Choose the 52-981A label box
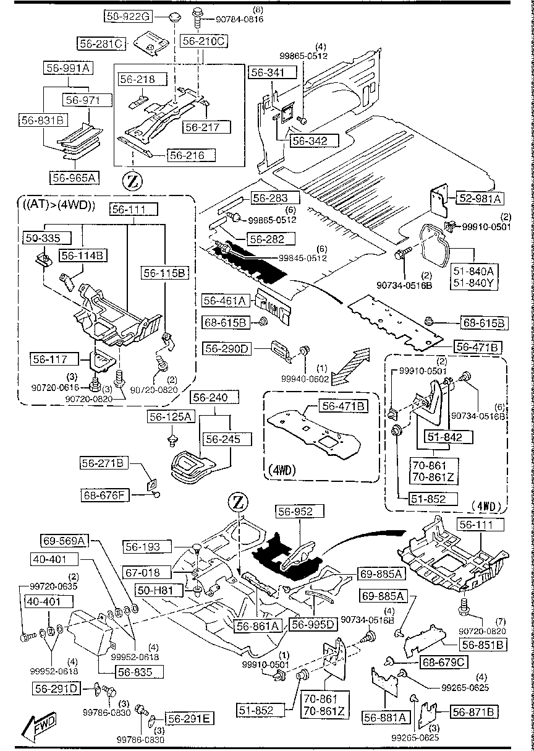[480, 199]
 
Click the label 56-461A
[226, 301]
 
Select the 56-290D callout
[227, 350]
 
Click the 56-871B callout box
[474, 712]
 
